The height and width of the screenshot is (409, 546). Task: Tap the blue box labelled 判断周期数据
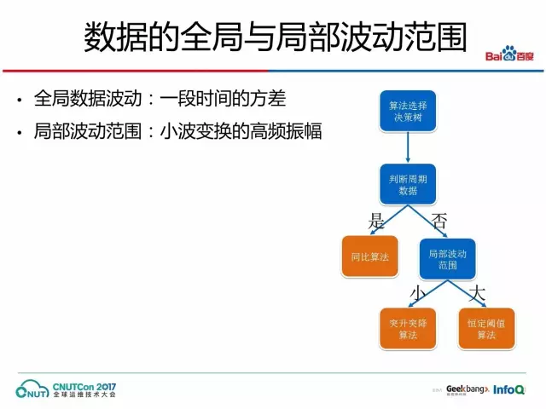(407, 184)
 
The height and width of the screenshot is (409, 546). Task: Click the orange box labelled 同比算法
(369, 256)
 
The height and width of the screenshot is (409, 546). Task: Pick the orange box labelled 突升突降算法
(407, 329)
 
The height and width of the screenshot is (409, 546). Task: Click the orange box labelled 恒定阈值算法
(486, 329)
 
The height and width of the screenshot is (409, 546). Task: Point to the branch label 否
(439, 221)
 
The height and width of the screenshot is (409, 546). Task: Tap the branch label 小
(417, 292)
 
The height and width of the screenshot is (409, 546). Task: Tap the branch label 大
(478, 292)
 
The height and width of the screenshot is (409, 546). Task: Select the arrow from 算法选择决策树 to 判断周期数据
(407, 148)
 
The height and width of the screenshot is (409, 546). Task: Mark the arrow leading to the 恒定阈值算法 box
(466, 293)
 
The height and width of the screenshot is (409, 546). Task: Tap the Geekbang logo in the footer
(466, 389)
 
